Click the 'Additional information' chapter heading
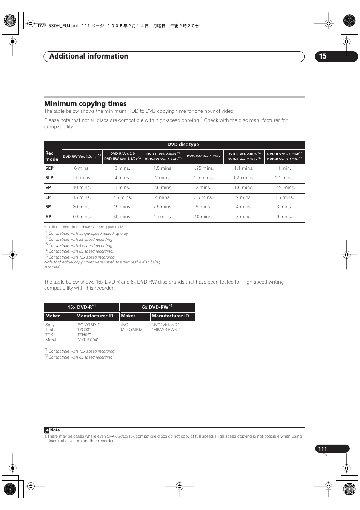tap(89, 56)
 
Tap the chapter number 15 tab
tap(323, 56)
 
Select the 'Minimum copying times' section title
tap(85, 104)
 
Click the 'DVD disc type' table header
tap(183, 145)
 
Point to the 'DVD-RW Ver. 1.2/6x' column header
tap(203, 156)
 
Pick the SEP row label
tap(49, 168)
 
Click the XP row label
tap(48, 217)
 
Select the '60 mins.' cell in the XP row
tap(81, 217)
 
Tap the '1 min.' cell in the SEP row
tap(284, 168)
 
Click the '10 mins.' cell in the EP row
tap(81, 188)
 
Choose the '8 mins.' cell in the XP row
tap(243, 217)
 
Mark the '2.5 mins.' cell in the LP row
tap(203, 197)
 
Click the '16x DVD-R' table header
tap(82, 307)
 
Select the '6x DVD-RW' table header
tap(157, 307)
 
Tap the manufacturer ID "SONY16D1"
tap(88, 325)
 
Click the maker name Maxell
tap(51, 340)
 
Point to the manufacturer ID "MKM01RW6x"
tap(166, 330)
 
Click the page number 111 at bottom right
tap(323, 449)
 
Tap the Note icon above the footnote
tap(47, 430)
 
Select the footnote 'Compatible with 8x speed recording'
tap(81, 251)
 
